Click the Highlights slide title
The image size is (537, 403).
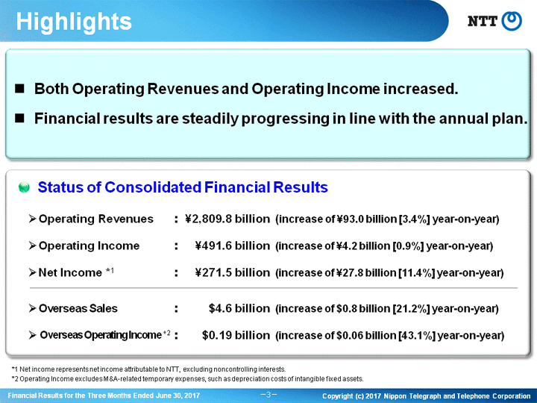tap(74, 22)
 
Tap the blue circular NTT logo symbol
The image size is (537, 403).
tap(512, 21)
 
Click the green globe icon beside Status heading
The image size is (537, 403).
tap(24, 187)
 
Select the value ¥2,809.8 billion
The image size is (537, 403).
tap(227, 219)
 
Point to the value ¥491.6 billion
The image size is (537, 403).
tap(233, 246)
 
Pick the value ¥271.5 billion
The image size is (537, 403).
tap(233, 273)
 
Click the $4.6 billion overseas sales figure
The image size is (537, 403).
tap(239, 308)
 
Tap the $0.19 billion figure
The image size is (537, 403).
tap(236, 335)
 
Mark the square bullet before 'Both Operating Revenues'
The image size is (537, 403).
tap(19, 89)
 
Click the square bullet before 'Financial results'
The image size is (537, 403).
tap(19, 119)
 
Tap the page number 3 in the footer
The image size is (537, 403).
tap(268, 395)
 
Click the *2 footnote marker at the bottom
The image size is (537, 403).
tap(15, 379)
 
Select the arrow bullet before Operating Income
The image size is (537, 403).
tap(33, 246)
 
